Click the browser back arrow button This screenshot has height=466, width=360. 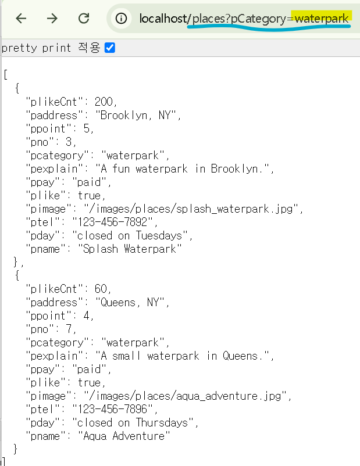(22, 19)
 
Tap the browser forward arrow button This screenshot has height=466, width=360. (52, 19)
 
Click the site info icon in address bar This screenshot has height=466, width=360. (121, 19)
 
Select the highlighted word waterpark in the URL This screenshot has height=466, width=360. (321, 18)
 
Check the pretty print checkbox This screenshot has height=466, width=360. (110, 48)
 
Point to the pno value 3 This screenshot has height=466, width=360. (72, 142)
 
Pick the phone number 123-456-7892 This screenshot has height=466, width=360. (114, 222)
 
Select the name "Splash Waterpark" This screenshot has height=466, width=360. (130, 249)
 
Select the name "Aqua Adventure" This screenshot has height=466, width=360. (124, 436)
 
